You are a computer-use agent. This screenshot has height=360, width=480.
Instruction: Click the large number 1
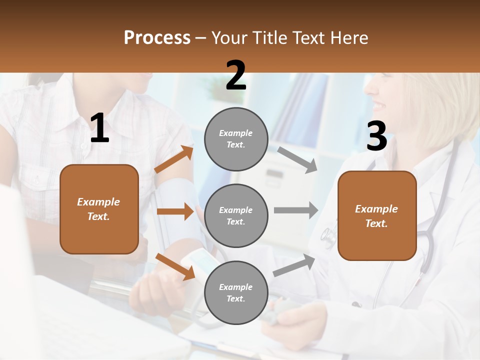99,128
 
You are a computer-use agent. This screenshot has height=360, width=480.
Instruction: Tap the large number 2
236,75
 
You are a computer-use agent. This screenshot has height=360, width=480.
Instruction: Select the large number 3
376,136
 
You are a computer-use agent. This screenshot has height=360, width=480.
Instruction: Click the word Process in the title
157,37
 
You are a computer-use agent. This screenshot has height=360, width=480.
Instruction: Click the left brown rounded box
99,209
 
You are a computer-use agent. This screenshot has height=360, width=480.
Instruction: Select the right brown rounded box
377,215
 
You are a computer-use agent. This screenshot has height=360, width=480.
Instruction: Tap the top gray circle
236,139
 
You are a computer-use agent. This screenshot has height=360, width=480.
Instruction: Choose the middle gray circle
236,215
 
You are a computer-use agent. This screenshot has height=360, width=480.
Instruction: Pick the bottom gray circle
236,292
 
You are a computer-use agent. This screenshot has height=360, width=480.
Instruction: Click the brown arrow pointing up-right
174,159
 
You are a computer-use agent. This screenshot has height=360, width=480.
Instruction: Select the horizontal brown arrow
175,211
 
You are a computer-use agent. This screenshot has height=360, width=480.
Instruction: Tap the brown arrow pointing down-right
175,266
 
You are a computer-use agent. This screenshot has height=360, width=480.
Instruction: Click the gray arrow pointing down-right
297,159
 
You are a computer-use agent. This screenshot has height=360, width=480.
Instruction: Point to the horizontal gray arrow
296,210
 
